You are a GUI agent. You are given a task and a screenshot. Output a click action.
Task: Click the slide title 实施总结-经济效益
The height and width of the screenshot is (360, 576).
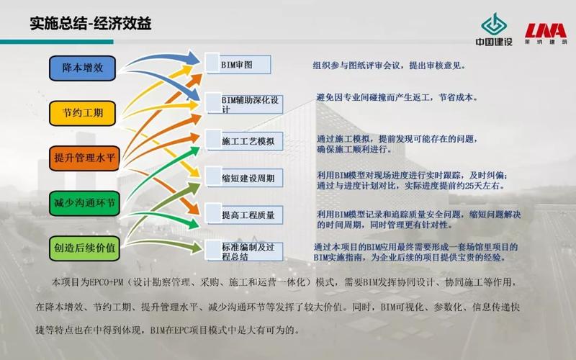(x=90, y=23)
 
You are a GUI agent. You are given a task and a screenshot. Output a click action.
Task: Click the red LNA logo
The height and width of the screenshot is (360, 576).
(x=544, y=32)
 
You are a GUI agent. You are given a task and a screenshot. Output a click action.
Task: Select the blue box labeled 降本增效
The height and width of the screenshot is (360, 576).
(x=83, y=68)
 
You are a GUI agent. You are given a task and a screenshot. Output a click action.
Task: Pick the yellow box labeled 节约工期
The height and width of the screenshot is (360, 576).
(x=83, y=112)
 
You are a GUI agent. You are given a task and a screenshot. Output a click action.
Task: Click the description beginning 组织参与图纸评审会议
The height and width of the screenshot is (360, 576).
(x=389, y=65)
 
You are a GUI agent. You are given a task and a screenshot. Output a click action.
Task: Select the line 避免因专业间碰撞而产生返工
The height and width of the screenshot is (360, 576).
(x=397, y=97)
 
